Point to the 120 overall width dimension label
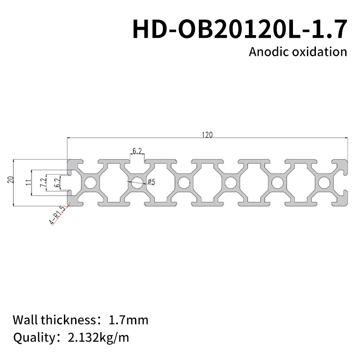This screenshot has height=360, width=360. (x=207, y=135)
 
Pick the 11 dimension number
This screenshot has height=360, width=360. (x=29, y=183)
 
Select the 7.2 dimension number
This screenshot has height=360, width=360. (x=43, y=183)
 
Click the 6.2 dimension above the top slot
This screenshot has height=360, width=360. (x=138, y=150)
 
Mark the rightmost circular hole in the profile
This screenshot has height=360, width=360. (x=323, y=183)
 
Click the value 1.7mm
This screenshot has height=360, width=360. (x=128, y=320)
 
